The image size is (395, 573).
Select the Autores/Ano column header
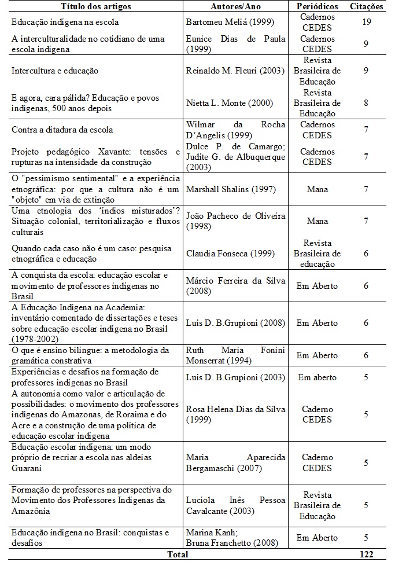[x=236, y=6]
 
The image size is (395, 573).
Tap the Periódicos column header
[x=317, y=6]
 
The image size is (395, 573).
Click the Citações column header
[x=366, y=6]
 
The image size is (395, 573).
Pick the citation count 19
[x=366, y=22]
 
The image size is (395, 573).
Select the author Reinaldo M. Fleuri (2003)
[x=235, y=71]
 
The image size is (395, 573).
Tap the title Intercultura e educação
[x=55, y=71]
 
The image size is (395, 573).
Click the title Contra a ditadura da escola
[x=62, y=130]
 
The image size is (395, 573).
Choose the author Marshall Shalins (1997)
[x=231, y=189]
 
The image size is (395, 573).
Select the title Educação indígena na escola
[x=65, y=22]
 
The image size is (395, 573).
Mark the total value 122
[x=366, y=554]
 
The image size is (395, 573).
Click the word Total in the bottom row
[x=178, y=554]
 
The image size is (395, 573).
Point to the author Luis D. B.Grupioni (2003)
[x=235, y=377]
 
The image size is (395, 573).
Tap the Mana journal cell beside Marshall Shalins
[x=317, y=189]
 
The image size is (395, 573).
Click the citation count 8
[x=366, y=103]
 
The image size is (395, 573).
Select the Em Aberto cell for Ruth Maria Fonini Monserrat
[x=317, y=355]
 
